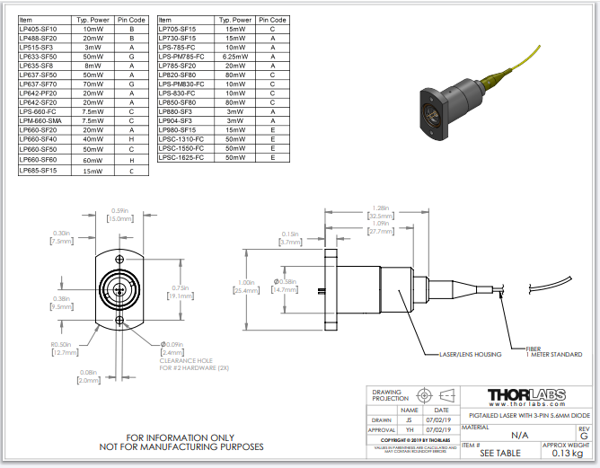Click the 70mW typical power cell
click(93, 84)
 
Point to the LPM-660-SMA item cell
click(40, 120)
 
